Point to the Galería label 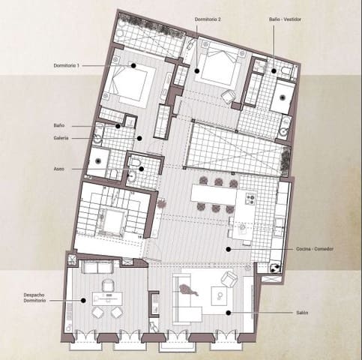click(63, 138)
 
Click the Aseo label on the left click(58, 168)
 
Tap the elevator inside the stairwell click(114, 220)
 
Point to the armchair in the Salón click(229, 280)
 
